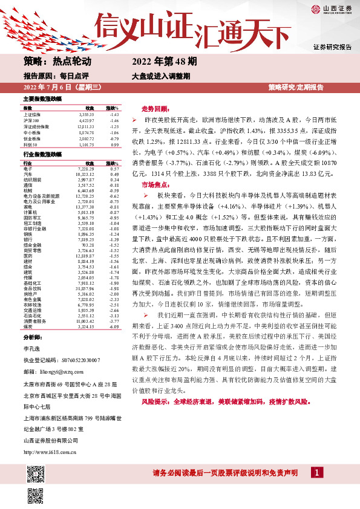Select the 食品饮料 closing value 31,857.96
pyautogui.click(x=84, y=288)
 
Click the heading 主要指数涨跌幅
pyautogui.click(x=42, y=98)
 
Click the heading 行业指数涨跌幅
pyautogui.click(x=42, y=155)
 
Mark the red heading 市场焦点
pyautogui.click(x=155, y=184)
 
